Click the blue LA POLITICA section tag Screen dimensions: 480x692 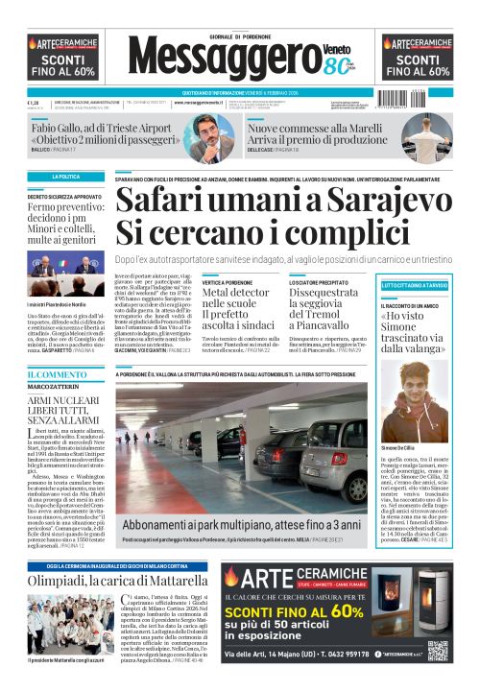(66, 178)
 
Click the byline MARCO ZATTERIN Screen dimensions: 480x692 (54, 387)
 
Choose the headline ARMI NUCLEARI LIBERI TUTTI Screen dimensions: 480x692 (64, 414)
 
